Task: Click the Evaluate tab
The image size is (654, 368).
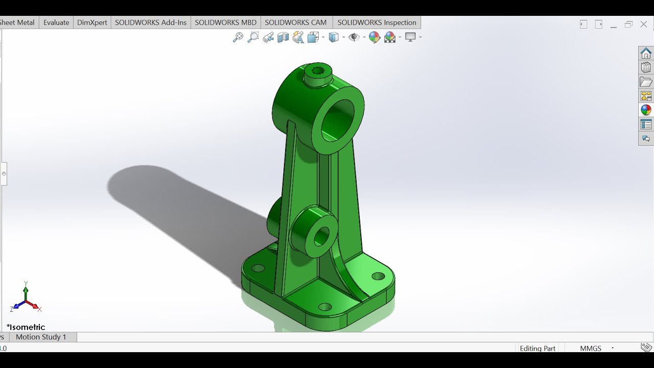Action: pyautogui.click(x=56, y=22)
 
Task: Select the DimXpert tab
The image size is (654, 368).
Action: pyautogui.click(x=92, y=22)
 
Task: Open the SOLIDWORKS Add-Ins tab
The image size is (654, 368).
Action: pyautogui.click(x=151, y=22)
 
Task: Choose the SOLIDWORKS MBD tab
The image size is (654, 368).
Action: pyautogui.click(x=225, y=22)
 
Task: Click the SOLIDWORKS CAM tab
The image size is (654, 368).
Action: pyautogui.click(x=295, y=22)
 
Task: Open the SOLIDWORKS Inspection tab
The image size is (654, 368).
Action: pyautogui.click(x=377, y=22)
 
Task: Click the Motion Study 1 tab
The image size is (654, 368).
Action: pyautogui.click(x=41, y=337)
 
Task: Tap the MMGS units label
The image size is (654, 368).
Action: pyautogui.click(x=591, y=348)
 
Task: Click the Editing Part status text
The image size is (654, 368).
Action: pyautogui.click(x=538, y=348)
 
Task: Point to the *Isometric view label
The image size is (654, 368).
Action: pyautogui.click(x=26, y=327)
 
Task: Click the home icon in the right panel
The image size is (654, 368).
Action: pyautogui.click(x=646, y=53)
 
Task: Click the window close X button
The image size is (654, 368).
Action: pyautogui.click(x=644, y=24)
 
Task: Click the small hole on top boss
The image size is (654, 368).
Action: pyautogui.click(x=318, y=71)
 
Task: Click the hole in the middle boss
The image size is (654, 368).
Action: pyautogui.click(x=321, y=236)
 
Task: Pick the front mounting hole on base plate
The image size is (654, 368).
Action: pyautogui.click(x=325, y=307)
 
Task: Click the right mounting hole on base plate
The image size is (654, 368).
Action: pyautogui.click(x=378, y=277)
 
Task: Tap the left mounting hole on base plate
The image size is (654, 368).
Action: pyautogui.click(x=258, y=268)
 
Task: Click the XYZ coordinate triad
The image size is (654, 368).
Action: pyautogui.click(x=26, y=299)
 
